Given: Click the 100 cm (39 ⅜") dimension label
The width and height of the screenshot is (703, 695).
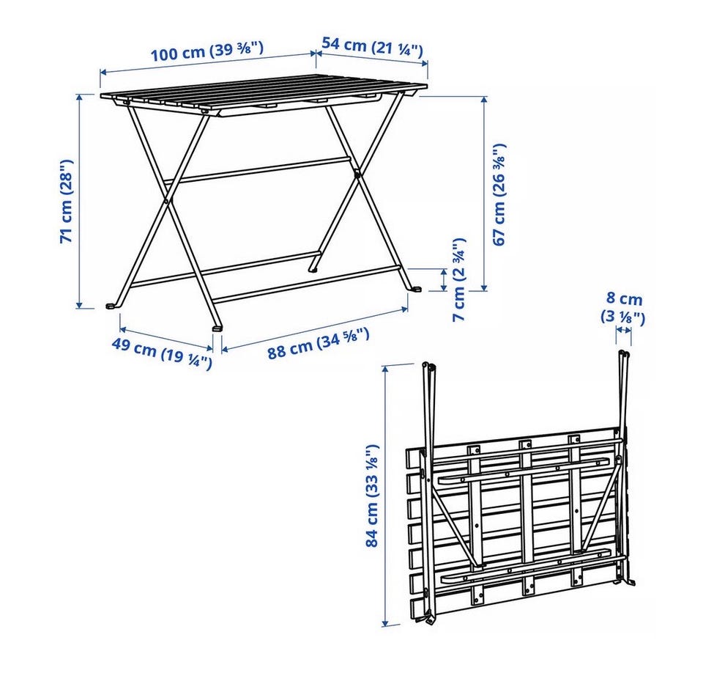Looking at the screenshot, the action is coord(207,51).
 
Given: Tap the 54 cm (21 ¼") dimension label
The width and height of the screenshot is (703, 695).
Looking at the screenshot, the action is coord(373,47).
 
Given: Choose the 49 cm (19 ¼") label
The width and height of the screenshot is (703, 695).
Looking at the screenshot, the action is coord(161,354).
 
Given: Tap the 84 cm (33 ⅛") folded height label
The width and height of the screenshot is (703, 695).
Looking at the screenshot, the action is coord(373,496).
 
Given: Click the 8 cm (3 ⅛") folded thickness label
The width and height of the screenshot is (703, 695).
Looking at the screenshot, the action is coord(623,307).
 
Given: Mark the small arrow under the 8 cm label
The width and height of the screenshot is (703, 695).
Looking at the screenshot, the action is coord(624,331).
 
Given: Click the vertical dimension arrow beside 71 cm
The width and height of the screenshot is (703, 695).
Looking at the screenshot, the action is coord(80,201).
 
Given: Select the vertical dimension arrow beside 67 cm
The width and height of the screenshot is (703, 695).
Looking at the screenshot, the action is coord(484,194).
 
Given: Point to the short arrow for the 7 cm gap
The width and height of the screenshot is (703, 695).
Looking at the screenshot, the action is coord(445,280).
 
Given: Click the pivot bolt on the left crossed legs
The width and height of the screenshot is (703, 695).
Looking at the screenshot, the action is coord(167,201).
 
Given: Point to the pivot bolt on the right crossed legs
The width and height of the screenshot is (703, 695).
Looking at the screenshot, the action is coord(357,173).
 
